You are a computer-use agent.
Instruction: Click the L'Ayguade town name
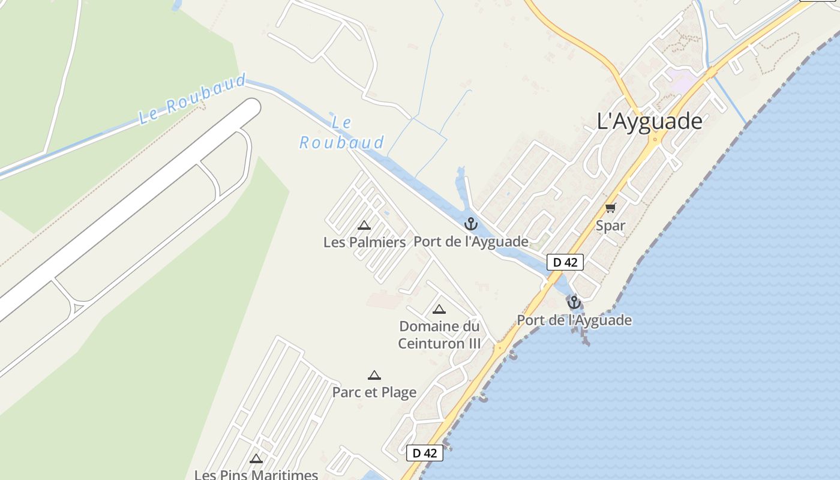[650, 121]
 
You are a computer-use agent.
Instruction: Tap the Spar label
[610, 226]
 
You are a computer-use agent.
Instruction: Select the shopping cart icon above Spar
[610, 208]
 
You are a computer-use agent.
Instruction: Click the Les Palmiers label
[365, 242]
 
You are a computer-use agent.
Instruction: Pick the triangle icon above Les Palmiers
[364, 226]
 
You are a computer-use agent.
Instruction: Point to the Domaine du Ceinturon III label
[440, 335]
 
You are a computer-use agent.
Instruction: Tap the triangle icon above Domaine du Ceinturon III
[439, 310]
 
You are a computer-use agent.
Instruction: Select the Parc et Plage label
[374, 392]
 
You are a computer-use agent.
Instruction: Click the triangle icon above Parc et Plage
[374, 376]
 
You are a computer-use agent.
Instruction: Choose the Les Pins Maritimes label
[256, 475]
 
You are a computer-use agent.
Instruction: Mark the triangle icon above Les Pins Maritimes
[256, 459]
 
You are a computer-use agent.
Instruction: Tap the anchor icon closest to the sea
[574, 302]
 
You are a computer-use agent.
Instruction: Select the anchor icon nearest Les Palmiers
[471, 224]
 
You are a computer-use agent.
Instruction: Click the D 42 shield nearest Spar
[565, 262]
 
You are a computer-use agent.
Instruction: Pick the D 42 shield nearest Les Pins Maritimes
[425, 453]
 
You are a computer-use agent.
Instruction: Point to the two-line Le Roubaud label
[342, 133]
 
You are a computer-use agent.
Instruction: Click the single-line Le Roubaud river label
[192, 100]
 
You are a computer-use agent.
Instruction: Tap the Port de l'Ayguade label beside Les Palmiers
[471, 242]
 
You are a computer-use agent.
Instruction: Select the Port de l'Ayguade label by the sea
[574, 320]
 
